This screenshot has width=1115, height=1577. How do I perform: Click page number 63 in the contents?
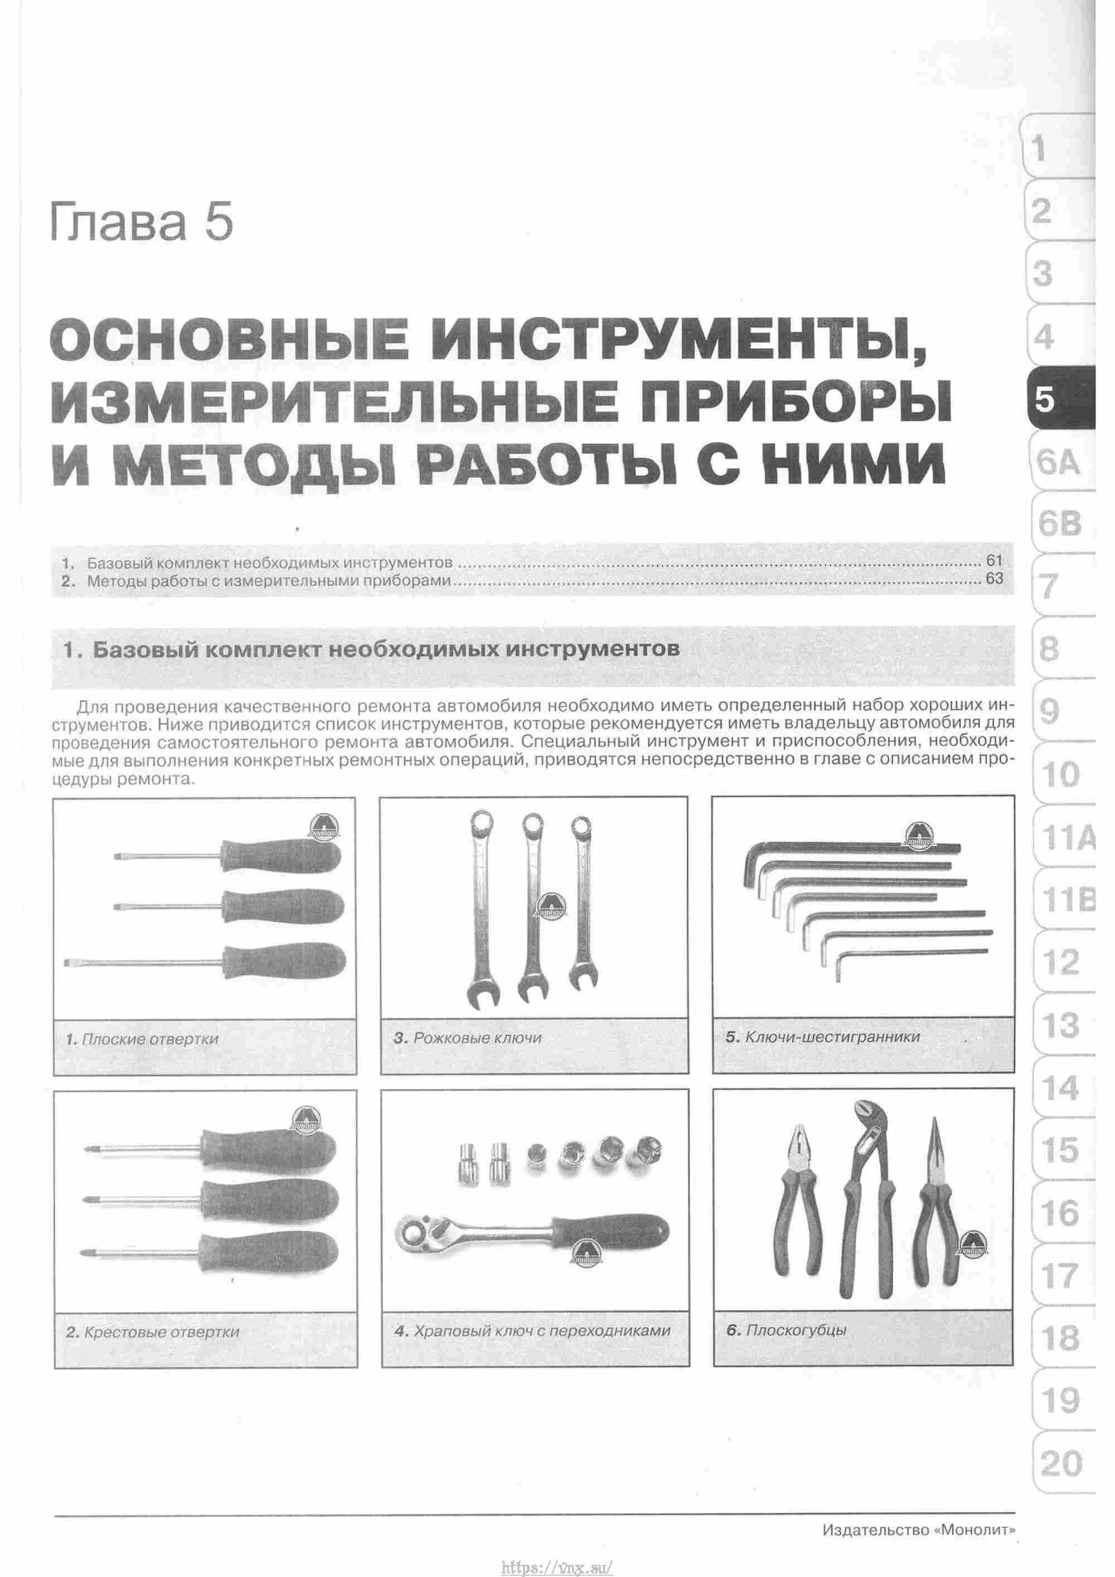pyautogui.click(x=993, y=579)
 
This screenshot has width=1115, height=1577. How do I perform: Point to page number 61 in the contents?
pyautogui.click(x=993, y=561)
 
